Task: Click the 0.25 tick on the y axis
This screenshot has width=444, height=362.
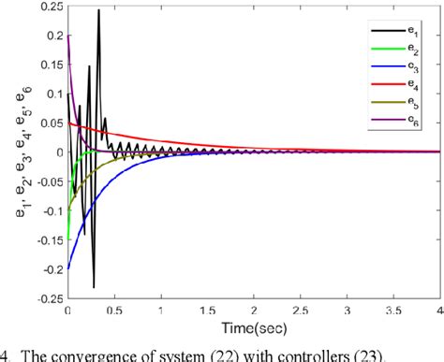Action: click(x=48, y=8)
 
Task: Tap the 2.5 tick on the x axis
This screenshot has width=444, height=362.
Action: click(x=300, y=310)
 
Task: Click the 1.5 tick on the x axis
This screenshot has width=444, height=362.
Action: click(x=207, y=310)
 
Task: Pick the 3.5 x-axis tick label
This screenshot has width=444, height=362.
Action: click(x=392, y=310)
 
